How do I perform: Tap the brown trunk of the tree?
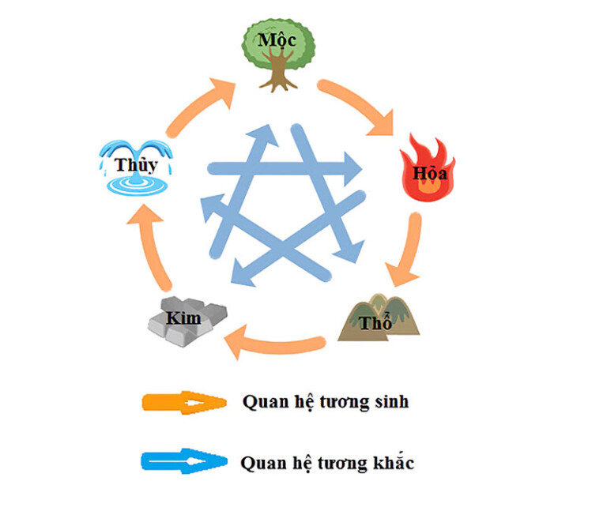pyautogui.click(x=277, y=76)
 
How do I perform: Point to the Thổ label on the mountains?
pyautogui.click(x=377, y=323)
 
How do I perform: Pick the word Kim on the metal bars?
pyautogui.click(x=183, y=318)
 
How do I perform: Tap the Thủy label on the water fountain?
pyautogui.click(x=136, y=164)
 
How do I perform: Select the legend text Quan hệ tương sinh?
pyautogui.click(x=325, y=401)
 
